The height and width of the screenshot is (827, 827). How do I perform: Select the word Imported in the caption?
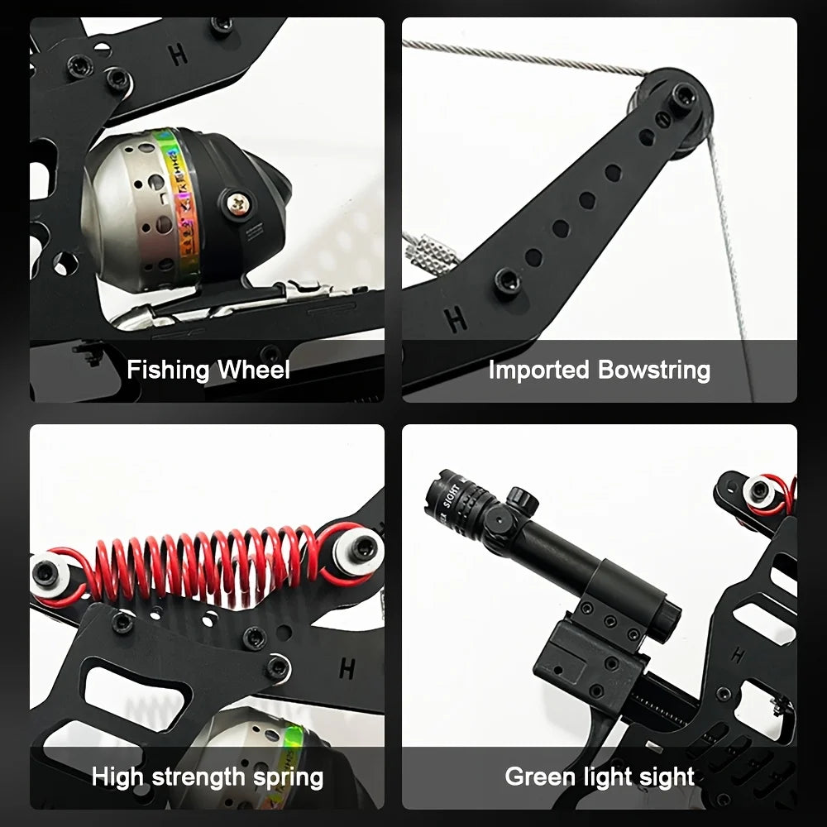(x=539, y=370)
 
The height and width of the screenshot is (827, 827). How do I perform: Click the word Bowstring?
(x=654, y=370)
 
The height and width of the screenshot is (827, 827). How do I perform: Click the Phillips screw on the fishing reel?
(x=237, y=200)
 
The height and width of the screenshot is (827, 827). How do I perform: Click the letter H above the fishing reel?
(x=178, y=55)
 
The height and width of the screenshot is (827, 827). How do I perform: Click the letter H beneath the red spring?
(x=347, y=667)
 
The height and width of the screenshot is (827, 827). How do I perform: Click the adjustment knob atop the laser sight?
(x=519, y=499)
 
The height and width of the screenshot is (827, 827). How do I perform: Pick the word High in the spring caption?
(x=117, y=777)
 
